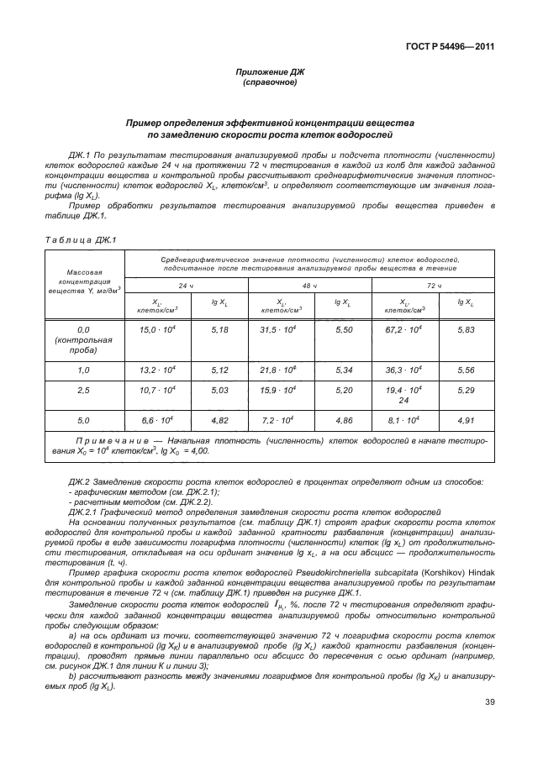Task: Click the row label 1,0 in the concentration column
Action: (x=83, y=370)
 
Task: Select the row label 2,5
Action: (x=83, y=391)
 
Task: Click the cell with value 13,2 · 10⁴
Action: (x=156, y=370)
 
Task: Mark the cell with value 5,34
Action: (x=342, y=370)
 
